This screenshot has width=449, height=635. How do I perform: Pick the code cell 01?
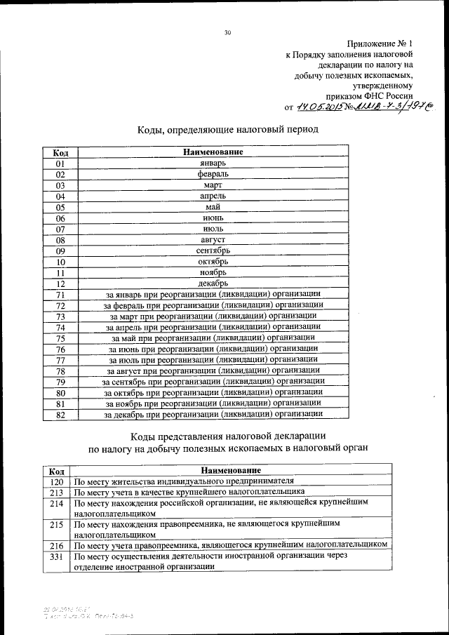coord(60,163)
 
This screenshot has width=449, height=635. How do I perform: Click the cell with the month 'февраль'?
coord(213,174)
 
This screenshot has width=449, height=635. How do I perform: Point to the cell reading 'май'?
coord(213,207)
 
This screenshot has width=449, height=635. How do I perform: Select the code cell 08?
coord(60,240)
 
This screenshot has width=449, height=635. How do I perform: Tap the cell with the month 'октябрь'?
coord(213,262)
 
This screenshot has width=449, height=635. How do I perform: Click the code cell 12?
coord(60,283)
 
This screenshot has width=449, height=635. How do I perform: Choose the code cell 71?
coord(60,295)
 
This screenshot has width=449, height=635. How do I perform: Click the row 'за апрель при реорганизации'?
coord(213,327)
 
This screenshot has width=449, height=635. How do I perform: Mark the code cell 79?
coord(60,382)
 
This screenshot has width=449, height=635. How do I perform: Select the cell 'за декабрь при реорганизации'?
coord(213,414)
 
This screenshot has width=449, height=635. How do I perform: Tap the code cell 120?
coord(58,481)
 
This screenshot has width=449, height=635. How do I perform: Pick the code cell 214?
coord(58,503)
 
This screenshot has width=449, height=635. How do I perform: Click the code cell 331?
coord(58,556)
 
